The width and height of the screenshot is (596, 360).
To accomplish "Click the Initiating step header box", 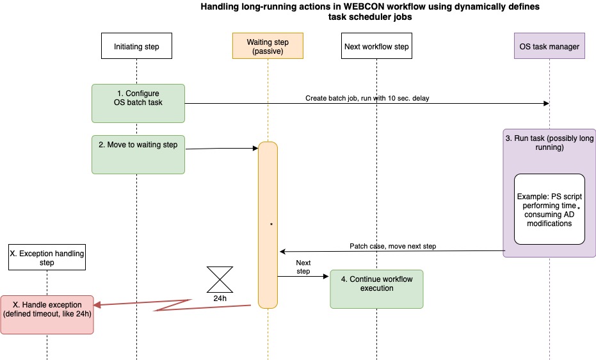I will point(136,46).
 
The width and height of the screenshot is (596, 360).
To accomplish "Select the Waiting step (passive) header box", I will point(268,46).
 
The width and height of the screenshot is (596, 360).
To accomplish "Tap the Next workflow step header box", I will point(376,46).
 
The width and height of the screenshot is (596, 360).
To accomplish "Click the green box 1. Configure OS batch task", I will point(138,102).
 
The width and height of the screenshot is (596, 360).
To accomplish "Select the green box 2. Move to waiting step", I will point(138,154).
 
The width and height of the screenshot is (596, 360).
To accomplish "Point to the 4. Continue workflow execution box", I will point(376,289).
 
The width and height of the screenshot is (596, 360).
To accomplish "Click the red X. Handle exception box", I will point(47,314).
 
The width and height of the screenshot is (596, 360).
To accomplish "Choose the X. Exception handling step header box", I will point(47,258).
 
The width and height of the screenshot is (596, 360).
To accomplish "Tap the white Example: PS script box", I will point(550,209).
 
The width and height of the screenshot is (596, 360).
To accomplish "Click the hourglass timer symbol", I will point(220,280).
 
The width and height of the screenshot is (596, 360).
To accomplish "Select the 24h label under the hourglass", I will point(220,299).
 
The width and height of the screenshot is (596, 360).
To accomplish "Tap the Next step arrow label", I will point(303,267).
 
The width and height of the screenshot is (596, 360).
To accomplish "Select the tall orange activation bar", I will point(268,224).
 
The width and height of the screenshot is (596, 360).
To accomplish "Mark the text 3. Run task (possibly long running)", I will point(550,142).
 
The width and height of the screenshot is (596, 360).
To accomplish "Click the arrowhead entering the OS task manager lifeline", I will point(546,103).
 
